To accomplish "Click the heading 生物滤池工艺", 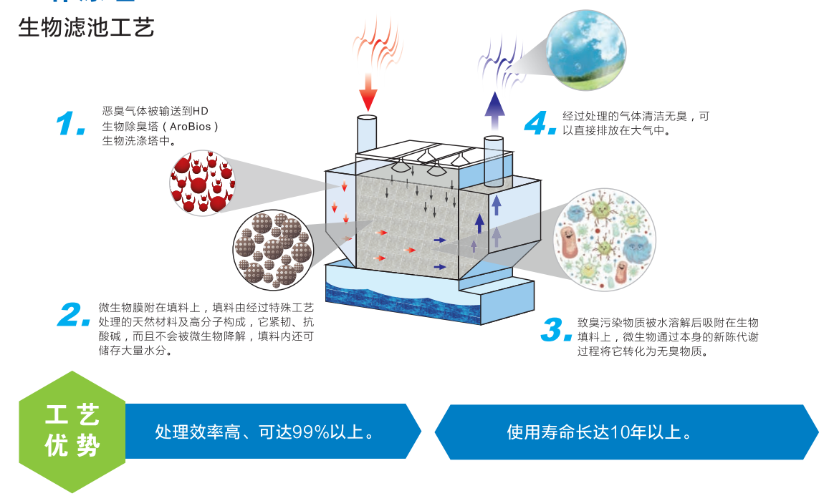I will click(86, 29).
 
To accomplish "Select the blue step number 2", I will click(77, 316).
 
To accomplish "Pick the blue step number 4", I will click(540, 122).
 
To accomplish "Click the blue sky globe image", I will click(585, 49).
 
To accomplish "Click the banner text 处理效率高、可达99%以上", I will click(264, 432).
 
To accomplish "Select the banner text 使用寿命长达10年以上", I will click(599, 432).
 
